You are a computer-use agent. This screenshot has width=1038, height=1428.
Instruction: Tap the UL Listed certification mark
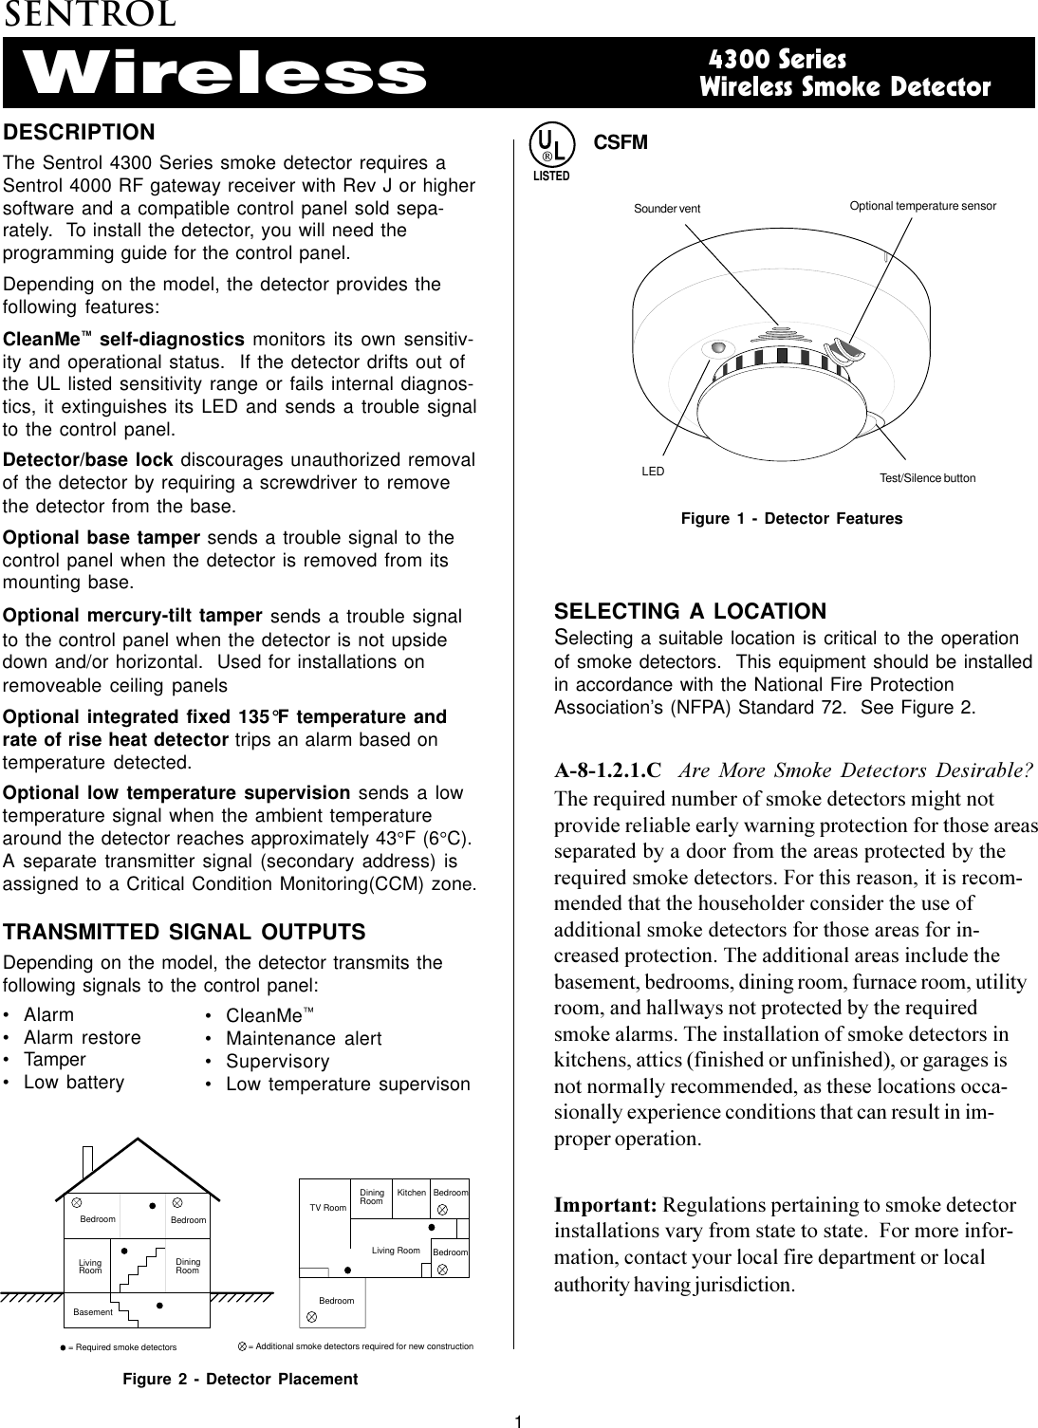pyautogui.click(x=550, y=152)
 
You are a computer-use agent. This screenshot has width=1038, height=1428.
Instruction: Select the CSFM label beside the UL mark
pyautogui.click(x=621, y=142)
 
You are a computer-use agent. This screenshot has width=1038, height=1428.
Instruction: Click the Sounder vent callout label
pyautogui.click(x=666, y=209)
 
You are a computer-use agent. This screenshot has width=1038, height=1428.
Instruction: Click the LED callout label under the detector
pyautogui.click(x=653, y=471)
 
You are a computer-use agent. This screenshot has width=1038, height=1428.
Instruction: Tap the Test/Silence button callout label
pyautogui.click(x=927, y=477)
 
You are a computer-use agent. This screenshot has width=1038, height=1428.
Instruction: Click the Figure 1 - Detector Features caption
pyautogui.click(x=792, y=519)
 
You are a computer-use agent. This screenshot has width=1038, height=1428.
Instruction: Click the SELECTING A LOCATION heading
pyautogui.click(x=690, y=611)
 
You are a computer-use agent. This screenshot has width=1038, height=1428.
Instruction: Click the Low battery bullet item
pyautogui.click(x=73, y=1083)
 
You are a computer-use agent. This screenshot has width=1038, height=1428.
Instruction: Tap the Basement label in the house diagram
pyautogui.click(x=93, y=1312)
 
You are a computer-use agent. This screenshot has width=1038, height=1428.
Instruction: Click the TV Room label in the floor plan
pyautogui.click(x=328, y=1208)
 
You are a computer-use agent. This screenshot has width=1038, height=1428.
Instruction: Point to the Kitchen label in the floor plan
pyautogui.click(x=411, y=1191)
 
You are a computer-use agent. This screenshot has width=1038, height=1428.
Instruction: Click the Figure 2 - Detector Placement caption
pyautogui.click(x=240, y=1380)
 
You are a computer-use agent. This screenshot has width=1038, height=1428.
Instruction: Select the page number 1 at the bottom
pyautogui.click(x=519, y=1419)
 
